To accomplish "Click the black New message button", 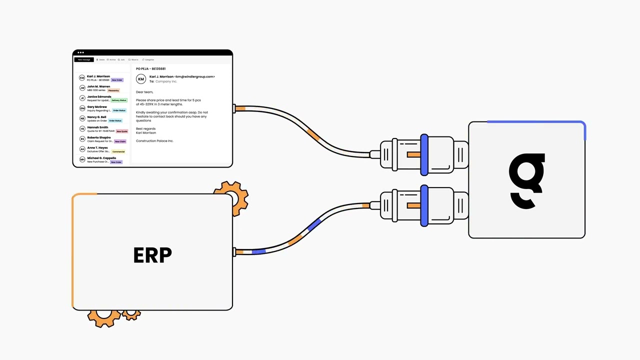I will click(83, 59).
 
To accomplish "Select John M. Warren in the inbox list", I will click(98, 86).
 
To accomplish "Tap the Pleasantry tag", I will click(113, 90).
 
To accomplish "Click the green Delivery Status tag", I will click(119, 100).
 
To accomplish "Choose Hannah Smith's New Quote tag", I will click(122, 131).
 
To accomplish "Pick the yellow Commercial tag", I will click(118, 151).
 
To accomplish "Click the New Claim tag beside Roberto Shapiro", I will click(120, 141).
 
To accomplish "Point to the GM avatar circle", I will click(82, 108).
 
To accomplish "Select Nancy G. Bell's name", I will click(96, 117).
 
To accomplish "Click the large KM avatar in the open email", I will click(141, 79).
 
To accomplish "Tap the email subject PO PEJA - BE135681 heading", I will click(150, 68).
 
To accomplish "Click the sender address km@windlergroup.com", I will click(195, 76).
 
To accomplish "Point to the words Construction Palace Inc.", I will click(154, 141).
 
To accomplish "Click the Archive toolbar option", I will click(111, 59).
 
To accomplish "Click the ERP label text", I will click(152, 254).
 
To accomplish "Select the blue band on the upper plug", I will click(424, 154).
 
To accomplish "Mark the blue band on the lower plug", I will click(424, 205).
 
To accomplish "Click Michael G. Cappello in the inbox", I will click(101, 158).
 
